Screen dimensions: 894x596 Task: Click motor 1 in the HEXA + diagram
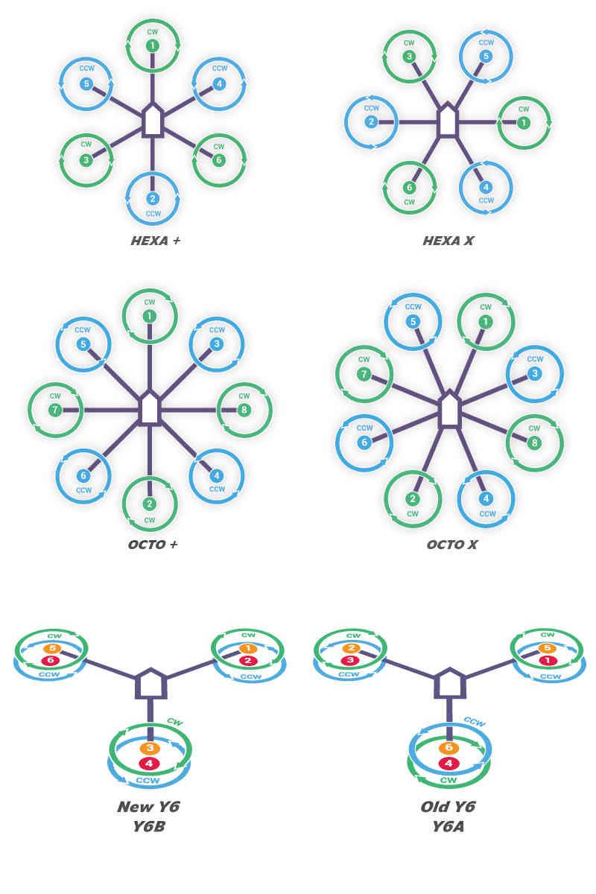152,46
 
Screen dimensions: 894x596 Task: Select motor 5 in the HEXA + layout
86,83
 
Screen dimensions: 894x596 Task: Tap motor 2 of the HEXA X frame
371,122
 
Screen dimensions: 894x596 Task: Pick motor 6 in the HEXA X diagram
409,188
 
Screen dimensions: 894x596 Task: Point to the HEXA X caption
448,241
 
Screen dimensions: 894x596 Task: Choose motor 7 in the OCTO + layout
54,410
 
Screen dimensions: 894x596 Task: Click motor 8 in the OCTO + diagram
244,410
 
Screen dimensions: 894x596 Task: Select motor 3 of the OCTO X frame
534,373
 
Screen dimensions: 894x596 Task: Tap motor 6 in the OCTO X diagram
364,442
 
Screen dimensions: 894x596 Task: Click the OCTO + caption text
153,544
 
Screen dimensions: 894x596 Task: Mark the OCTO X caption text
451,545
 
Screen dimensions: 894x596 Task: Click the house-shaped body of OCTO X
449,408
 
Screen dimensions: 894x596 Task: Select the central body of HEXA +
152,121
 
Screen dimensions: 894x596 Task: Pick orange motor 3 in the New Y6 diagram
150,748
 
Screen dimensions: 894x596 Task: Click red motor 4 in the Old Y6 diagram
448,763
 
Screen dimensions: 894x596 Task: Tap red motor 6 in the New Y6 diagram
50,660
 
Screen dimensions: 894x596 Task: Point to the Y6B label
148,825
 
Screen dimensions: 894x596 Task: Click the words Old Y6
448,807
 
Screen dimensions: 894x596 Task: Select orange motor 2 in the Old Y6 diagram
351,648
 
